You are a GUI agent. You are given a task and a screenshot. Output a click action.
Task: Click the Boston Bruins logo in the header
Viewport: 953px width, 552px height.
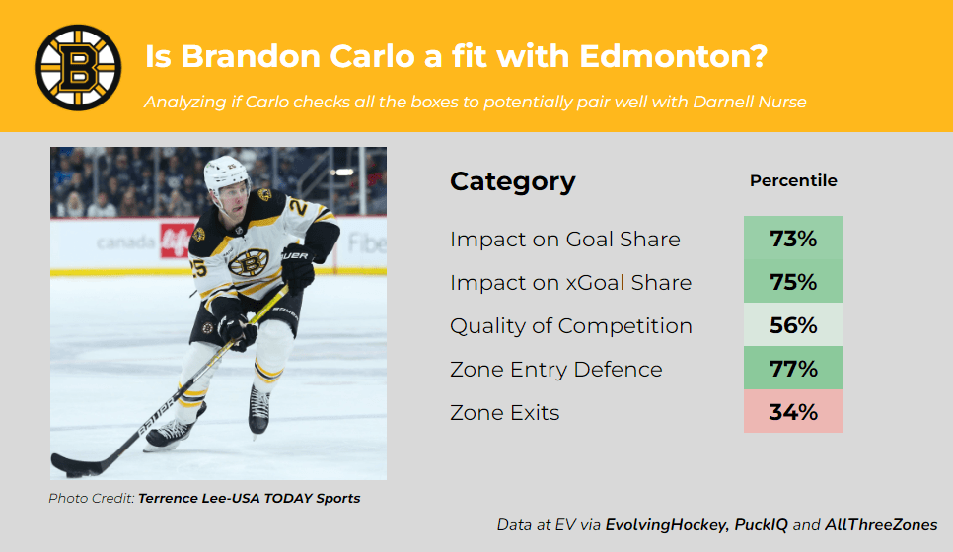(x=78, y=67)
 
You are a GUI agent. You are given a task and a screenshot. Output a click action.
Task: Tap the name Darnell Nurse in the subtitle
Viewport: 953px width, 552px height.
(x=750, y=102)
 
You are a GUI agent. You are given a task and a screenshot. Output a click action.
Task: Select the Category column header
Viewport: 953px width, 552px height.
(x=512, y=181)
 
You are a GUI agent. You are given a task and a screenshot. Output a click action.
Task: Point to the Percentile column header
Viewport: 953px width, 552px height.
(x=793, y=180)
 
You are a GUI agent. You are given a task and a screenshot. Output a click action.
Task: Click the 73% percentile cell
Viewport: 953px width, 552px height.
(x=793, y=239)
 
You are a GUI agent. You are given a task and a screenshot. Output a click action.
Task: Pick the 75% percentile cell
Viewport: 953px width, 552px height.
(x=793, y=282)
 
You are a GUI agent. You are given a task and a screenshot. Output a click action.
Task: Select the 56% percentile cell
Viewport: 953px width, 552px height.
(x=793, y=325)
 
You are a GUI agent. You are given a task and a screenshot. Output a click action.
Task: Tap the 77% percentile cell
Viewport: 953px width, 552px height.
(x=793, y=368)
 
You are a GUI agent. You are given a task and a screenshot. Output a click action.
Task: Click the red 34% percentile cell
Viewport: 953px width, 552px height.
(x=793, y=412)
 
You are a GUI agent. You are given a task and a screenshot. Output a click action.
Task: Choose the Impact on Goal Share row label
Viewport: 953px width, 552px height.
(x=565, y=240)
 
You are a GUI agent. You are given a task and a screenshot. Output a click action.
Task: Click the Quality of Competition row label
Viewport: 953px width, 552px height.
(x=571, y=326)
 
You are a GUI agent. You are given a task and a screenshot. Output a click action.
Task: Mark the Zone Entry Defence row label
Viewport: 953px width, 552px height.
(x=556, y=370)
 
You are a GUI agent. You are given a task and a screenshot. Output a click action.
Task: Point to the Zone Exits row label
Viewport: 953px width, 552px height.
(x=504, y=413)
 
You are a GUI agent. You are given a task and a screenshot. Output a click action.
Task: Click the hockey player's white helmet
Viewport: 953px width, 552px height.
(x=225, y=172)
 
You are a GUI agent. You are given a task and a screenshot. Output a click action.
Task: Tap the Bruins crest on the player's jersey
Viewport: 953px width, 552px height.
(x=249, y=262)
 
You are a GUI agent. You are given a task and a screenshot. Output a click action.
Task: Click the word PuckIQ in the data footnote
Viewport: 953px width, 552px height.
(x=761, y=524)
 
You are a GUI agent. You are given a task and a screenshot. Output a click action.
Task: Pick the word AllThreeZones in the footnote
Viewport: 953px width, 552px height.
(x=881, y=524)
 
